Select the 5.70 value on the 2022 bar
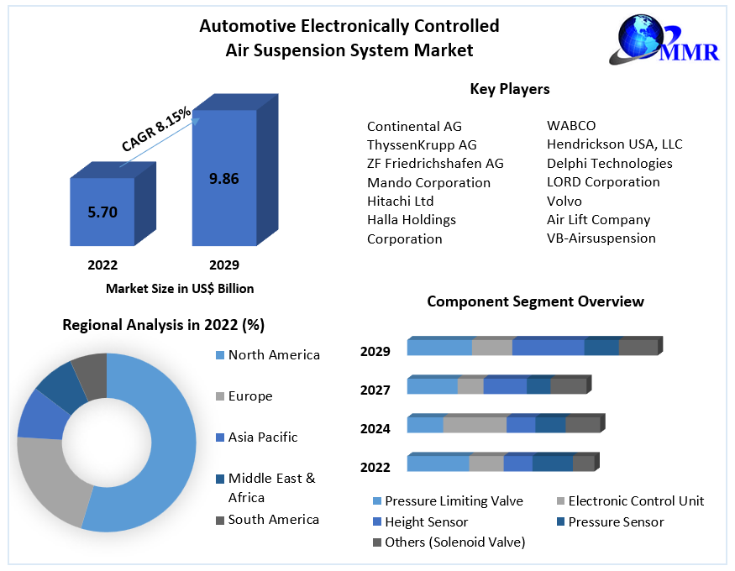102,212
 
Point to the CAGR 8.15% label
157,129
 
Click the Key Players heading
509,89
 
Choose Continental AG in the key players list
414,127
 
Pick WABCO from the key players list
571,126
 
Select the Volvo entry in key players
564,201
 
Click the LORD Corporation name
603,182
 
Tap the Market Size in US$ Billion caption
180,288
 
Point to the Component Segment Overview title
535,301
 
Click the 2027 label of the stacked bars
375,390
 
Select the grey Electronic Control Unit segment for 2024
475,425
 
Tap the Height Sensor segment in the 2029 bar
548,348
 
